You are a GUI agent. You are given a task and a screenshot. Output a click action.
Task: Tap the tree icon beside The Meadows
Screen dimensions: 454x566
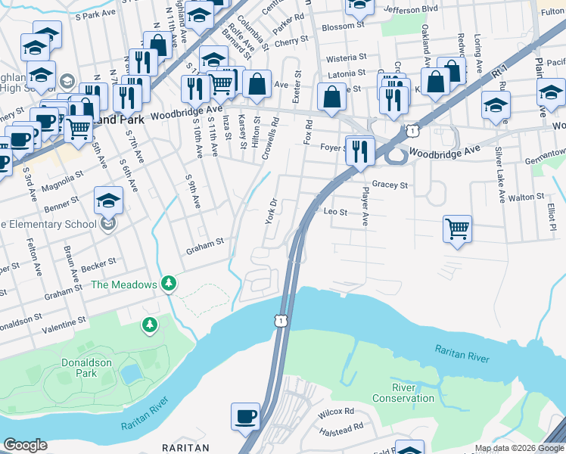(170, 284)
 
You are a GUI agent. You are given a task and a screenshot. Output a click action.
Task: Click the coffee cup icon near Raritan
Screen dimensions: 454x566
(245, 417)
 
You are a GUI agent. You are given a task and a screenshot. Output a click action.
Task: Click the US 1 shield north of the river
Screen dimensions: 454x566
(281, 321)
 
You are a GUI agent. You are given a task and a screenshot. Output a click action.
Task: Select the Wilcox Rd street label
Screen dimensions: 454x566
(336, 412)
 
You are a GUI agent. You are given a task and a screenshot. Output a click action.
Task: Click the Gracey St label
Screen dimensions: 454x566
(390, 185)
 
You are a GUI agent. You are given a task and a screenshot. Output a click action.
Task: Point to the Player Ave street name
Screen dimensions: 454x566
(363, 207)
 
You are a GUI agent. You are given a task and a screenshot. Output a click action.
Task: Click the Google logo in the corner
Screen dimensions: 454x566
(25, 444)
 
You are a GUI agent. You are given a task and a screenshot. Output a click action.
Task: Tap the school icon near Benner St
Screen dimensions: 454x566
(109, 201)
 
